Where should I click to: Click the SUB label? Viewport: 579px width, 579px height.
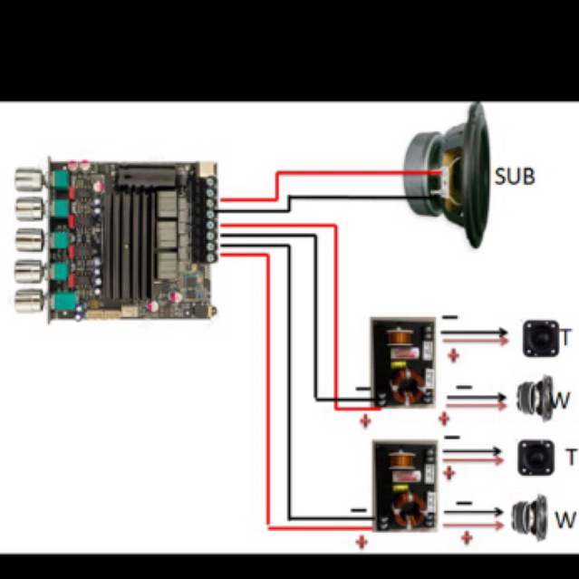tap(515, 177)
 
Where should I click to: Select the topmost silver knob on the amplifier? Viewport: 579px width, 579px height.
tap(30, 179)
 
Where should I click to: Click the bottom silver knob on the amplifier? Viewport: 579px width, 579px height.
tap(30, 301)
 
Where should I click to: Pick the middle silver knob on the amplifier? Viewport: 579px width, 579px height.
tap(30, 240)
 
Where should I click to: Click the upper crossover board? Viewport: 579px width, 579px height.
tap(403, 362)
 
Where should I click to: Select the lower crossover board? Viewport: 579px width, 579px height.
tap(405, 486)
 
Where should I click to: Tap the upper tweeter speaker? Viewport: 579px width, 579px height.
tap(541, 339)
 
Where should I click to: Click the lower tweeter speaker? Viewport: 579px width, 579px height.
tap(536, 458)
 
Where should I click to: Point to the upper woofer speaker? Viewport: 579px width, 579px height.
tap(536, 398)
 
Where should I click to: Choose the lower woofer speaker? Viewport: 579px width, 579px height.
tap(530, 517)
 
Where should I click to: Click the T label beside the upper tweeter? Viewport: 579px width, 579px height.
tap(566, 337)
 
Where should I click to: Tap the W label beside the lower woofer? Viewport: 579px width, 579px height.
tap(565, 519)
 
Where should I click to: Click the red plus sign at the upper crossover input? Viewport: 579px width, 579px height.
tap(365, 421)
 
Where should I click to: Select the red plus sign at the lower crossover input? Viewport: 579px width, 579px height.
tap(362, 543)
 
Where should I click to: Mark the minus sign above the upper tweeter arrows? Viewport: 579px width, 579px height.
tap(450, 317)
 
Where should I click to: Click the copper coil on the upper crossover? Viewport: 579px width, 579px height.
tap(400, 337)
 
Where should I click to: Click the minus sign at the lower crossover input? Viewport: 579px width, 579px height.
tap(359, 510)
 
